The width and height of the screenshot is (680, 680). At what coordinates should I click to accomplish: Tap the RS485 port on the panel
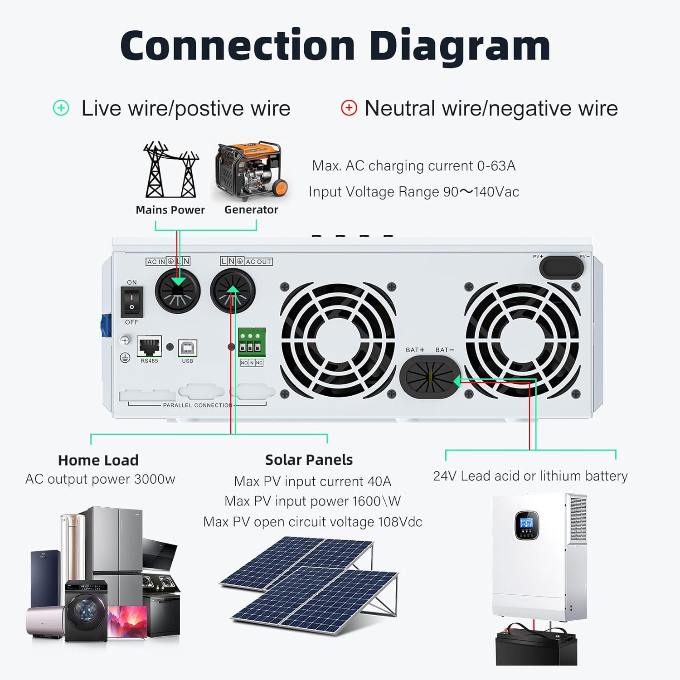tap(149, 347)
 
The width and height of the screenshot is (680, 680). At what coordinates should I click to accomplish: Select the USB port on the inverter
tap(187, 348)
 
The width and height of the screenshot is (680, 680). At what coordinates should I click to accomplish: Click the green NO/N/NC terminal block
tap(252, 342)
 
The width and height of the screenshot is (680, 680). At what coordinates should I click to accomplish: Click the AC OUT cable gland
tap(233, 291)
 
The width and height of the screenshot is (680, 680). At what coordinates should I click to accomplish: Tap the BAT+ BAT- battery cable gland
tap(430, 377)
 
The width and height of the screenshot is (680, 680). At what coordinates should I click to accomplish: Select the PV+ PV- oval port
tap(561, 267)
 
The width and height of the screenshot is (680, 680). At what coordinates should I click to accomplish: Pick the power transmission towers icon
tap(170, 170)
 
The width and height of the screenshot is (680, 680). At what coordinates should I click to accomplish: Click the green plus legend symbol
tap(61, 108)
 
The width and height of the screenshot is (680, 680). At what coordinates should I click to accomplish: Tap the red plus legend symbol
tap(349, 108)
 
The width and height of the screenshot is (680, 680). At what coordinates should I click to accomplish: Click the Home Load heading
tap(98, 460)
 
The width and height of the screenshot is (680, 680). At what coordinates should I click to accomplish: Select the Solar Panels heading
tap(309, 460)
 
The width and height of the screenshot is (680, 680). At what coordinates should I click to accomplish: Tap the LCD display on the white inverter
tap(526, 523)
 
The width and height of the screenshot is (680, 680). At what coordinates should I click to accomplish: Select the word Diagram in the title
tap(460, 46)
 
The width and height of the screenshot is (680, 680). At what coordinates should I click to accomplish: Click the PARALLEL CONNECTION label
tap(198, 405)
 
